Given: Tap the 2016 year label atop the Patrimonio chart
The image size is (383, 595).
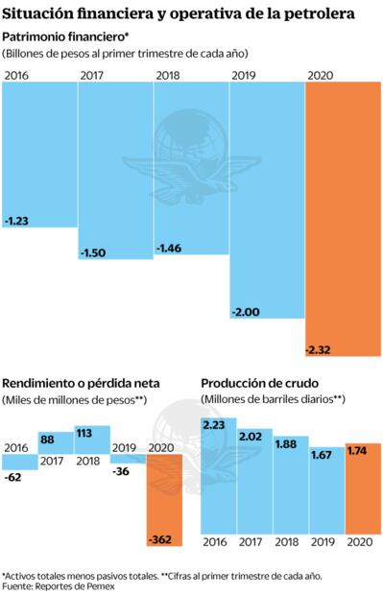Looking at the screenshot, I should pos(16,75).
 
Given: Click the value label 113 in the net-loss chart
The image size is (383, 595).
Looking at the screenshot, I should pos(85,431).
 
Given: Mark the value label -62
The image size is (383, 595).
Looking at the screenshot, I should pos(13,476).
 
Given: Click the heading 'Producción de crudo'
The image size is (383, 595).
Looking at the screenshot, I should pos(259,382).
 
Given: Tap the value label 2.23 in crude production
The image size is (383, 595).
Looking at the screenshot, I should pos(216,423).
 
